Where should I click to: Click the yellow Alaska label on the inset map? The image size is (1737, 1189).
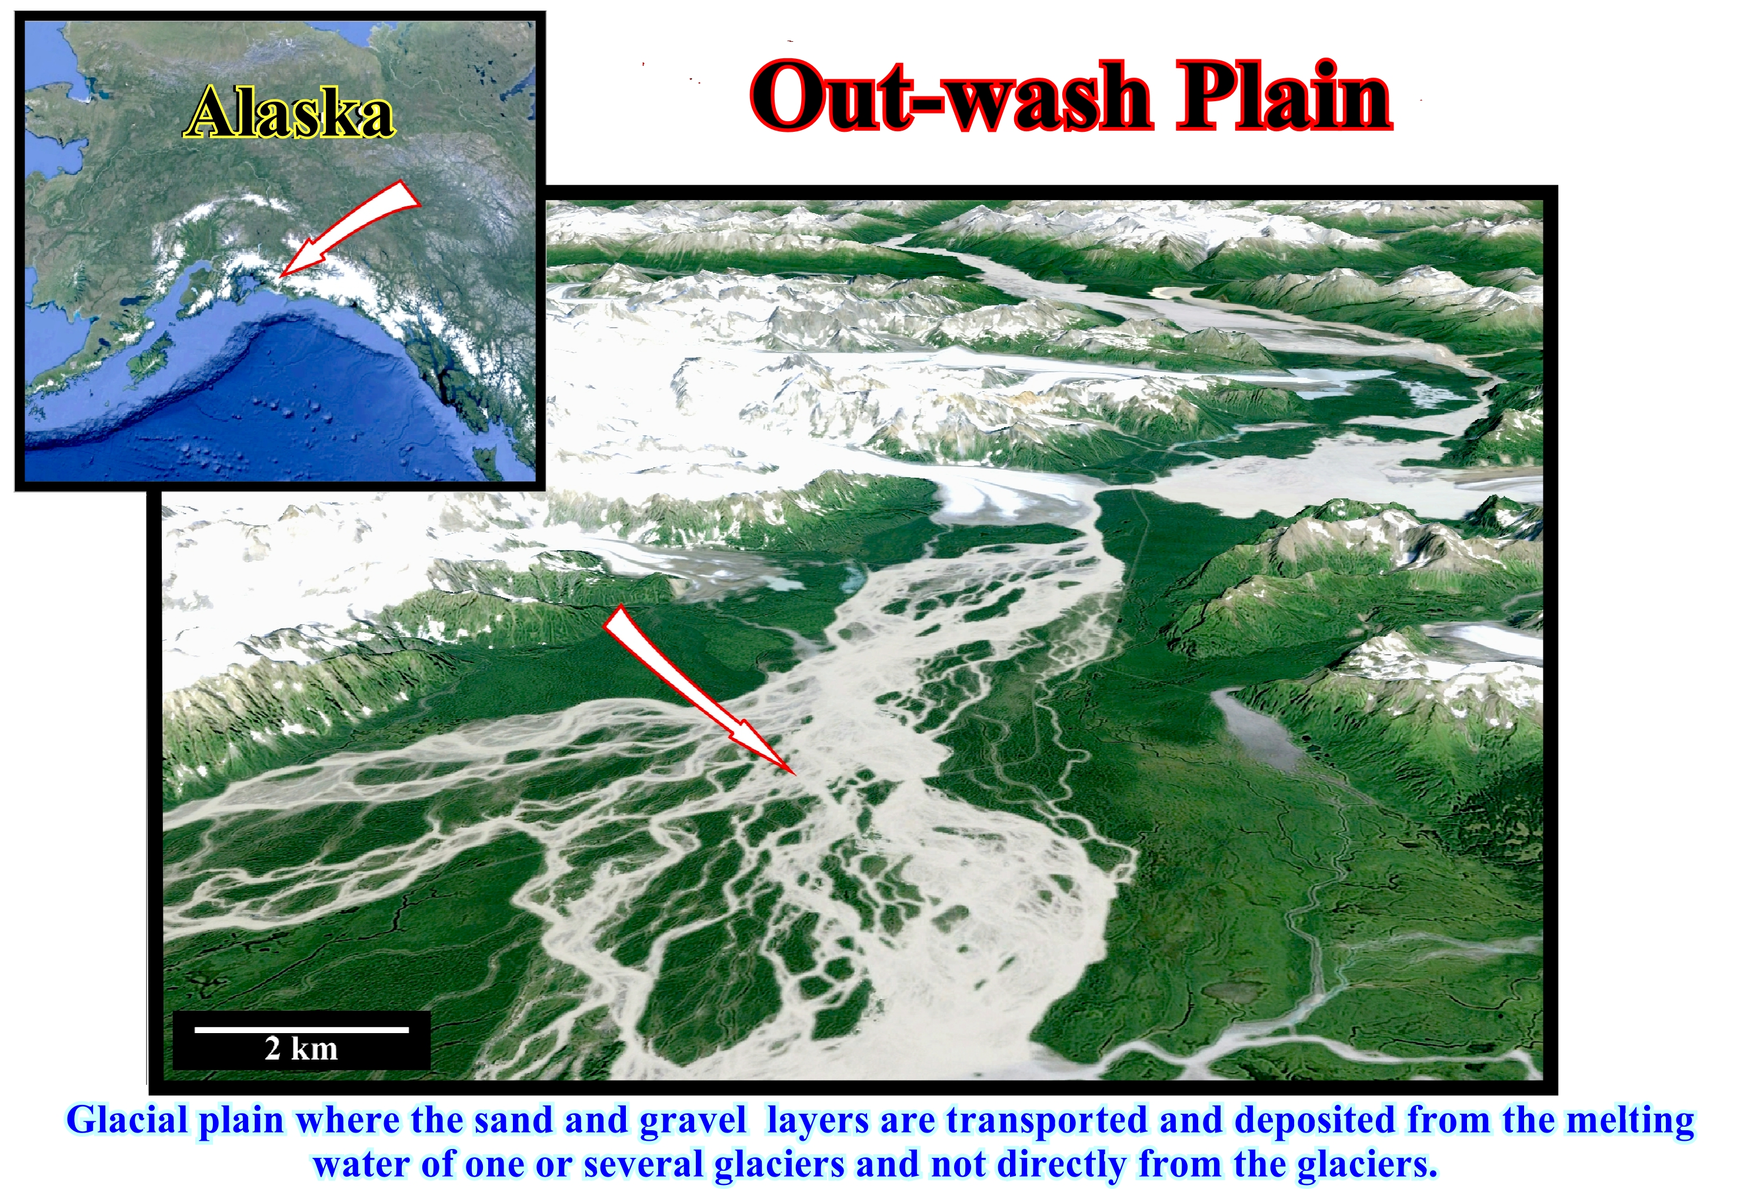coord(289,113)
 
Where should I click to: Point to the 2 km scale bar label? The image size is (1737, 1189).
coord(301,1048)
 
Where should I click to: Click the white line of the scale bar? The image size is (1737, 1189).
coord(301,1029)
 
